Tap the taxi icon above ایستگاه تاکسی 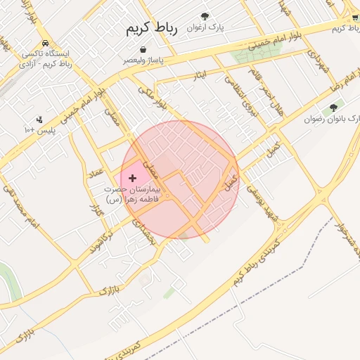coord(45,42)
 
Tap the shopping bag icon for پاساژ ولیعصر coord(144,50)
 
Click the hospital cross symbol coord(132,179)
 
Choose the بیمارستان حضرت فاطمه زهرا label coord(132,194)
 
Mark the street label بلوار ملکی coord(151,96)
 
